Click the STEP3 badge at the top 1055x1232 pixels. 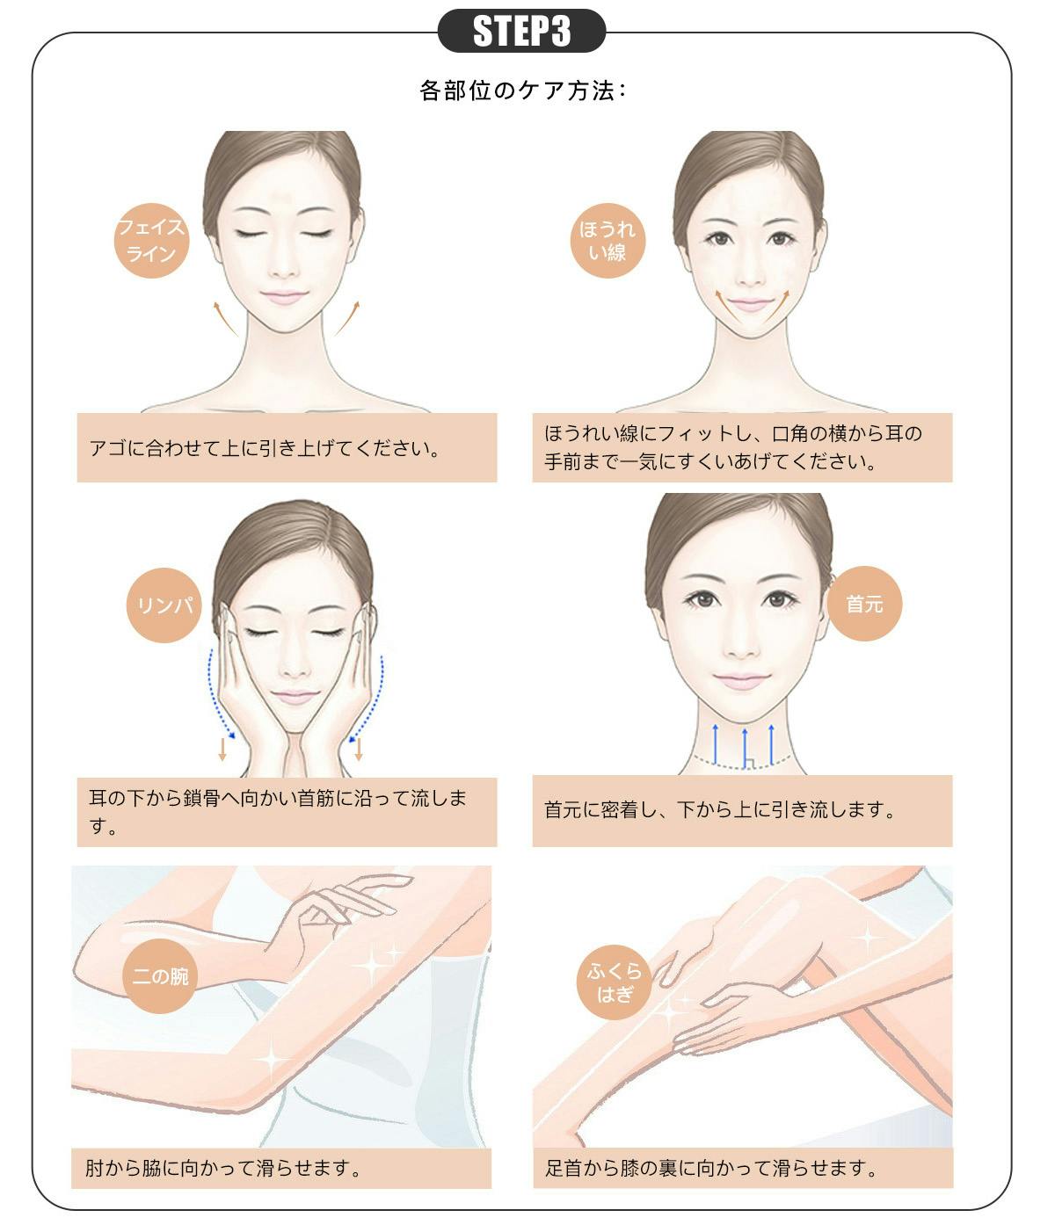pyautogui.click(x=521, y=31)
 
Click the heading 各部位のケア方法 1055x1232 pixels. pyautogui.click(x=523, y=91)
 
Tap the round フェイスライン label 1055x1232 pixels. pyautogui.click(x=151, y=241)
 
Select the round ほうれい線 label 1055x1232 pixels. pyautogui.click(x=608, y=241)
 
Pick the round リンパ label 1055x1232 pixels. pyautogui.click(x=164, y=605)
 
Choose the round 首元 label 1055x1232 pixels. pyautogui.click(x=864, y=604)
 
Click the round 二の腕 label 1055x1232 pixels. pyautogui.click(x=160, y=976)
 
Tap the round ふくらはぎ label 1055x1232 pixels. pyautogui.click(x=615, y=982)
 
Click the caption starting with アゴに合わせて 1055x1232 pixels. pyautogui.click(x=265, y=448)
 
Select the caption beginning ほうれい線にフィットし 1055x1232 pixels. pyautogui.click(x=733, y=447)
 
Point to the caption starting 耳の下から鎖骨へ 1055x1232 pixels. pyautogui.click(x=278, y=812)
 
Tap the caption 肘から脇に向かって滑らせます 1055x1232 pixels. pyautogui.click(x=223, y=1168)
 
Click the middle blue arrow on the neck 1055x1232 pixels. pyautogui.click(x=745, y=746)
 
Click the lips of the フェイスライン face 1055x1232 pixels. pyautogui.click(x=285, y=297)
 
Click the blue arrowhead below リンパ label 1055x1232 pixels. pyautogui.click(x=230, y=735)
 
